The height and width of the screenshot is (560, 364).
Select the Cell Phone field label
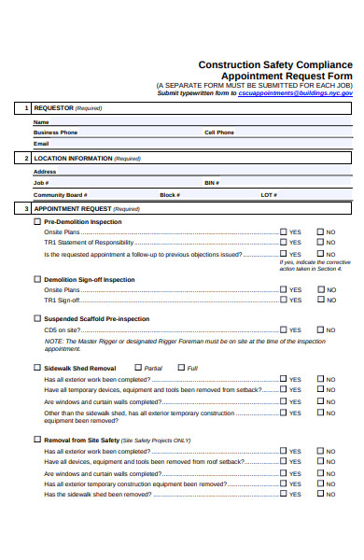pyautogui.click(x=219, y=133)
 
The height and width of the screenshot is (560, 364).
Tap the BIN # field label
pyautogui.click(x=211, y=183)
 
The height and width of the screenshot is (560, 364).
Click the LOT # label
pyautogui.click(x=269, y=195)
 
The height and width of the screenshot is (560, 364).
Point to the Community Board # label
pyautogui.click(x=59, y=195)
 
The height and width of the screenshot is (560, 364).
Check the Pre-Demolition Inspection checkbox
pyautogui.click(x=37, y=222)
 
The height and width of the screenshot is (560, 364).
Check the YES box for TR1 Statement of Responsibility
pyautogui.click(x=284, y=243)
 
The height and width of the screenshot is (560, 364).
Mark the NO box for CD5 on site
pyautogui.click(x=321, y=329)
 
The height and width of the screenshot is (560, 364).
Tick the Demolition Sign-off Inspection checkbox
pyautogui.click(x=37, y=279)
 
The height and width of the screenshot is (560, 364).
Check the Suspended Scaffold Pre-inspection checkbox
pyautogui.click(x=37, y=318)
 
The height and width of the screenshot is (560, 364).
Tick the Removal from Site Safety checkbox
pyautogui.click(x=37, y=439)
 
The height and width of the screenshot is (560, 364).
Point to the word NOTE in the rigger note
pyautogui.click(x=52, y=342)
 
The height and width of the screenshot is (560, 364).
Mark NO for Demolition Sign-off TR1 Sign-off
pyautogui.click(x=321, y=301)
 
